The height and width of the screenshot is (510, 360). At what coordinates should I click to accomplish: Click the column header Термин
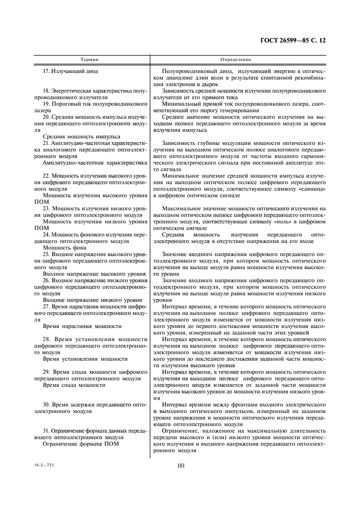click(89, 59)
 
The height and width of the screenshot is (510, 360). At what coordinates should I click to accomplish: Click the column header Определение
click(235, 59)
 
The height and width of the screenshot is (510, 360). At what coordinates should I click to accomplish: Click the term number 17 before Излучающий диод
click(46, 71)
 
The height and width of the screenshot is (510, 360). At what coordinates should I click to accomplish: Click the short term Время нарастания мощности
click(82, 326)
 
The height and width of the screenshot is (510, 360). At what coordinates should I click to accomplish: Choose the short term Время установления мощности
click(85, 359)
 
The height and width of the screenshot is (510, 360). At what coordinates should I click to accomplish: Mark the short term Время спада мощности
click(74, 385)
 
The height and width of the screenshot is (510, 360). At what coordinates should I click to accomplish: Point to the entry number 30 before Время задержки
click(47, 405)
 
